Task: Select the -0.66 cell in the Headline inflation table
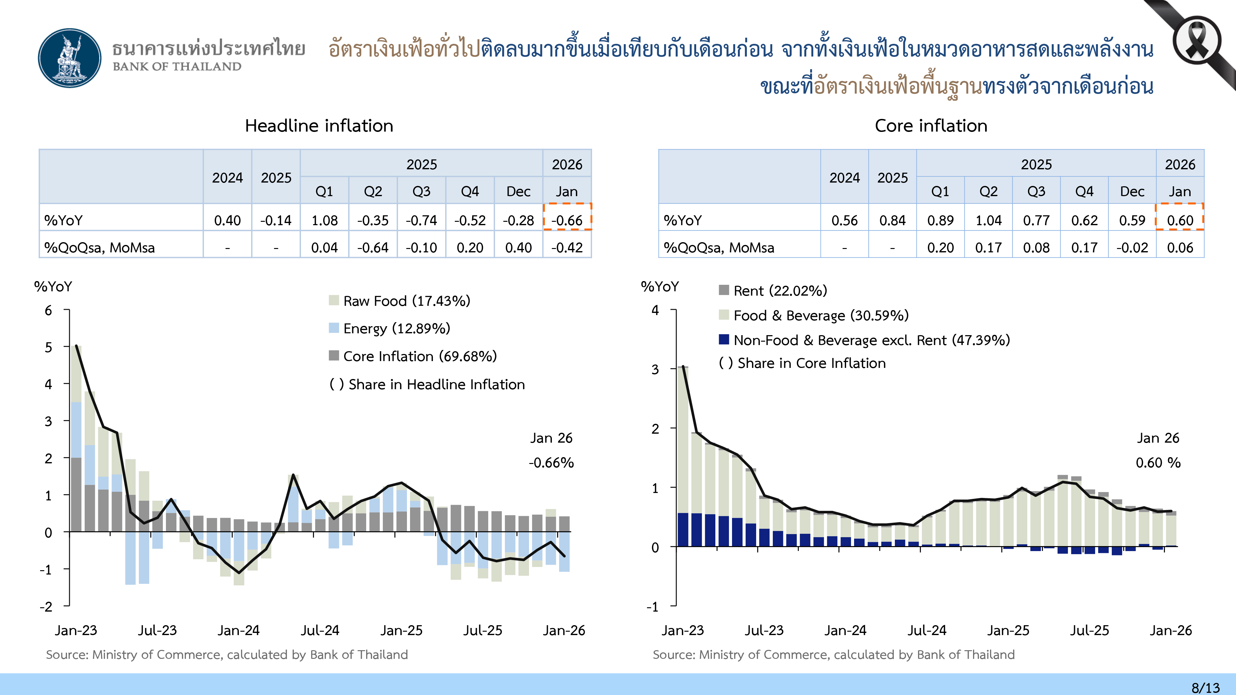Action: click(567, 220)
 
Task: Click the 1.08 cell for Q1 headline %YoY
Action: click(324, 220)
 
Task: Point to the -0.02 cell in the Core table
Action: click(1132, 247)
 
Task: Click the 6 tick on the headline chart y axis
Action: click(49, 310)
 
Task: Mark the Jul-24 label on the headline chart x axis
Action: click(320, 630)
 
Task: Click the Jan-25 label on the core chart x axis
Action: click(1008, 630)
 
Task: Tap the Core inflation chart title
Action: click(931, 126)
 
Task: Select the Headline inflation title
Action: click(319, 126)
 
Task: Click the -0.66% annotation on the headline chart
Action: click(551, 463)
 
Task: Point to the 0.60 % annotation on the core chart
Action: click(1158, 463)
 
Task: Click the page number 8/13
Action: click(1205, 687)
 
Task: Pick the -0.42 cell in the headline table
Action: click(567, 247)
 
